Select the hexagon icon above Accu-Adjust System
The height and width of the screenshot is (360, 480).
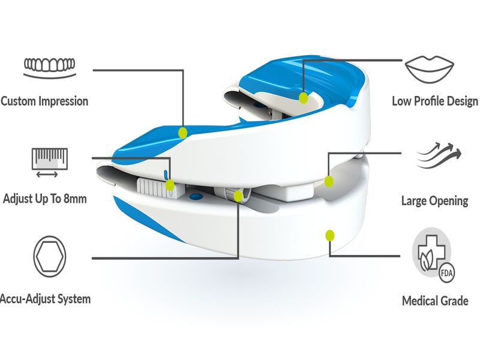(x=47, y=256)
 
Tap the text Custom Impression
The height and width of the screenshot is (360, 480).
(x=44, y=101)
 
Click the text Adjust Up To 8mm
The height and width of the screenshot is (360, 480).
(x=45, y=198)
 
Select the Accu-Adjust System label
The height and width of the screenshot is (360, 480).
(x=45, y=298)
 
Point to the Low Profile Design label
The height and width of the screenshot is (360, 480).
(x=435, y=101)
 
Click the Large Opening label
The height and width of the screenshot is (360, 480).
(x=435, y=200)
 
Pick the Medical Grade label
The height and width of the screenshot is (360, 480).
(x=435, y=300)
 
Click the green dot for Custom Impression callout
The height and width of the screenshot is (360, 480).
(x=183, y=131)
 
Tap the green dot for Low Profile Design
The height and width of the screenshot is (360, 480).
(x=304, y=97)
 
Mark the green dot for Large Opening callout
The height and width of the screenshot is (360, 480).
(x=328, y=181)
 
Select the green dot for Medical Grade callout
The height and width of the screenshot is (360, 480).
(x=329, y=235)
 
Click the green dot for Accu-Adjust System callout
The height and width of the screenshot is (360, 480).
(x=239, y=196)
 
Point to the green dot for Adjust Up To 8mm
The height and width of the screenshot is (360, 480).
(x=170, y=185)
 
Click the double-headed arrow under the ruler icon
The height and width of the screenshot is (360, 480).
(x=46, y=175)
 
